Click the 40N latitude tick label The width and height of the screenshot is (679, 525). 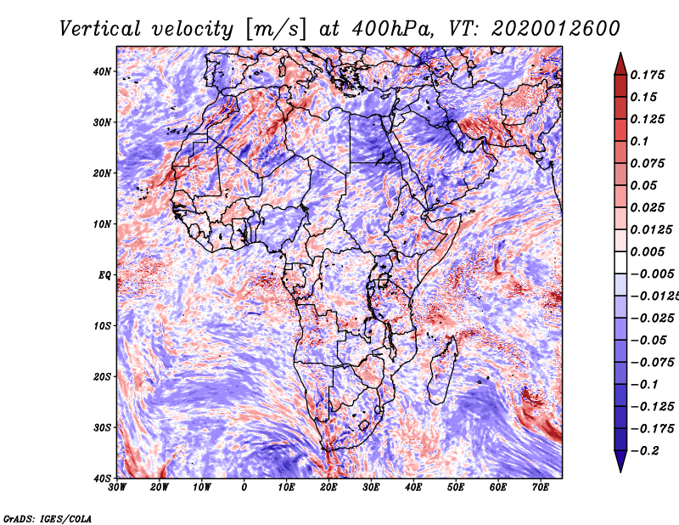tap(102, 71)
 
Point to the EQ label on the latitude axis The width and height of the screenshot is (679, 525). tap(104, 275)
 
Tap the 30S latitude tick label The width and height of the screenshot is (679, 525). tap(102, 427)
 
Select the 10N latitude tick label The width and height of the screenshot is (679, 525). tap(102, 224)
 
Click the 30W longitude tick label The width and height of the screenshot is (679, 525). tap(117, 488)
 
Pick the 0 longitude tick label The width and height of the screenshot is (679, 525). tap(244, 488)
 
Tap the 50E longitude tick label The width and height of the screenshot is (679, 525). tap(456, 488)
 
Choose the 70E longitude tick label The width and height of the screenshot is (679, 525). tap(540, 488)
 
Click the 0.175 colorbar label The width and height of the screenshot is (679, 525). tap(648, 75)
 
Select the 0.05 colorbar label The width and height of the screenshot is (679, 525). tap(643, 185)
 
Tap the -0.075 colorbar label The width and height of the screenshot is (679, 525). tap(652, 363)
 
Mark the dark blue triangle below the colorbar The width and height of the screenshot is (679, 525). tap(620, 460)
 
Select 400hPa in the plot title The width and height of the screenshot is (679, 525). tap(392, 29)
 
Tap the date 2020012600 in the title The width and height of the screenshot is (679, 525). tap(556, 29)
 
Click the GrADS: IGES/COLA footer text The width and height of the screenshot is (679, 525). tap(48, 519)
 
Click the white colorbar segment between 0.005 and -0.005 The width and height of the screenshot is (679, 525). tap(620, 262)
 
